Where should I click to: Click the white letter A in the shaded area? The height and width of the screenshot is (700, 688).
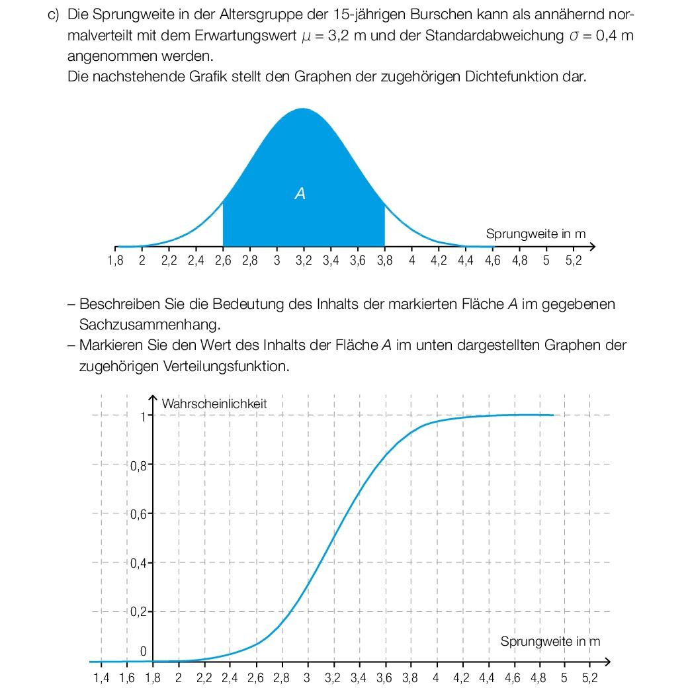(x=300, y=193)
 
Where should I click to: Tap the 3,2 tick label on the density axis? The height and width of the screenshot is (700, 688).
(x=304, y=260)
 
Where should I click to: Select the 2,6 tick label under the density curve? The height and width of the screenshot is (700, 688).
(x=223, y=260)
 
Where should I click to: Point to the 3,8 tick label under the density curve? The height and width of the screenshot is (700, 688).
(x=384, y=260)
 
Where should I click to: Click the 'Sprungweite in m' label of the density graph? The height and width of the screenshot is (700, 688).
(x=536, y=234)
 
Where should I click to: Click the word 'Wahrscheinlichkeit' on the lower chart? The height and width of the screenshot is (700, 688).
(x=214, y=404)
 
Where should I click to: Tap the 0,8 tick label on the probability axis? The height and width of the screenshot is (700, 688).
(x=138, y=466)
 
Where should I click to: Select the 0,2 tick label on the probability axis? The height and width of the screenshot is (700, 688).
(x=138, y=611)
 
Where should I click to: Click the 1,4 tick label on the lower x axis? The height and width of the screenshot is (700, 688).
(x=101, y=678)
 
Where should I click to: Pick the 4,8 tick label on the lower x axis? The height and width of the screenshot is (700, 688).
(x=538, y=678)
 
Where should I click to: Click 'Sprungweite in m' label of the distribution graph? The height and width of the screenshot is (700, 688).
(x=550, y=641)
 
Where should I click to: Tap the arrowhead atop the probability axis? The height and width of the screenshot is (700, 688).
(x=153, y=398)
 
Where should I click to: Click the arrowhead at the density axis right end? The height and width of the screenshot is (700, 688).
(x=593, y=246)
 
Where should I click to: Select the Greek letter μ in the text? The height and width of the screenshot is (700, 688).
(x=306, y=36)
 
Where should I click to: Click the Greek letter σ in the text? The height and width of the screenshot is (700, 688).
(x=574, y=36)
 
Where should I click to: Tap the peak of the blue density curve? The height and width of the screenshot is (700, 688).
(x=303, y=109)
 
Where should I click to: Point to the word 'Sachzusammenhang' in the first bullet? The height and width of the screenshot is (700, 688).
(x=150, y=325)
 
